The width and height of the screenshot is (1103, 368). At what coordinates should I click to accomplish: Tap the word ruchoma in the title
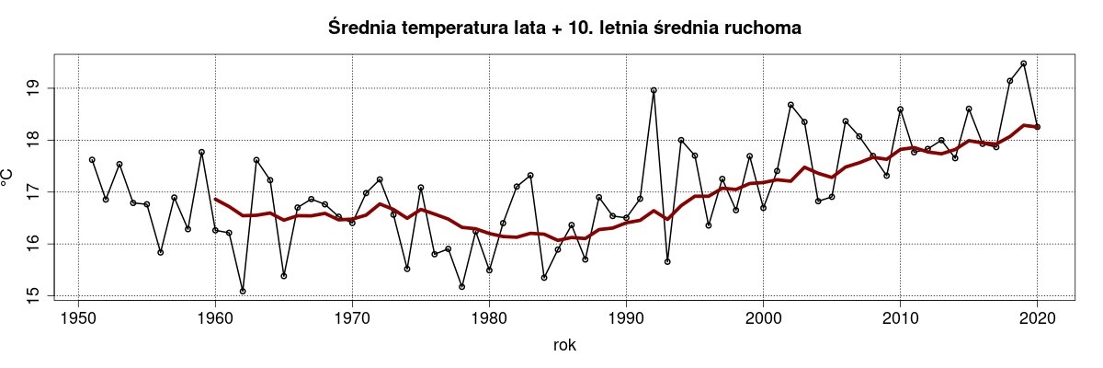765,29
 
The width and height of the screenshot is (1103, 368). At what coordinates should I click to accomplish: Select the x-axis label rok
565,345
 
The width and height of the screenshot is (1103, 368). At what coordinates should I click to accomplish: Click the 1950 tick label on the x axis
78,318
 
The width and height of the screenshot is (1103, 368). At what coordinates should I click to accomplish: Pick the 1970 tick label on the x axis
352,318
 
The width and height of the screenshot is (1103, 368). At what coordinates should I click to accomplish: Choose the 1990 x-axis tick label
626,318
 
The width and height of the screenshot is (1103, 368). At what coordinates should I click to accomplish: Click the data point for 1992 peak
654,90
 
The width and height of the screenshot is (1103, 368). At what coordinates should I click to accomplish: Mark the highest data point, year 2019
1023,63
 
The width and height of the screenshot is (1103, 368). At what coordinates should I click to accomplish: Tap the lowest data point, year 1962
243,291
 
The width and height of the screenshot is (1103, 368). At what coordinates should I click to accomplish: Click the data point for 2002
790,105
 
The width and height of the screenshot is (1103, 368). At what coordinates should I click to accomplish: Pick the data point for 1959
201,152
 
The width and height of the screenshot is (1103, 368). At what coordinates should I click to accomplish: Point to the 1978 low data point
461,286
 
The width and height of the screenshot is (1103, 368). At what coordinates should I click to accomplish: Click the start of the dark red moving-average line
215,199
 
